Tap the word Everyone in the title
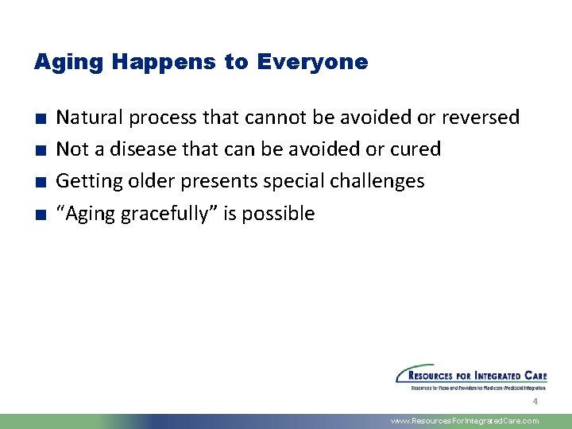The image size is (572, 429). click(x=312, y=62)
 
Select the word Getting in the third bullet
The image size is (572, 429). click(x=86, y=182)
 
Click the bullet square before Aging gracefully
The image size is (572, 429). click(x=39, y=214)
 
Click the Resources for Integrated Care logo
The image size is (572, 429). click(x=470, y=377)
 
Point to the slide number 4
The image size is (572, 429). click(x=535, y=402)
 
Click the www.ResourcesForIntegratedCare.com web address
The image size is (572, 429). click(x=465, y=421)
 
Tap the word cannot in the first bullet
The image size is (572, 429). click(x=274, y=118)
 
